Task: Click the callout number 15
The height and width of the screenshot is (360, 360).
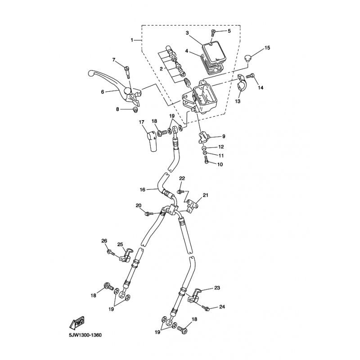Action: coord(267,48)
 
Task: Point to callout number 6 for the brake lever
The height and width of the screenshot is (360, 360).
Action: coord(103,91)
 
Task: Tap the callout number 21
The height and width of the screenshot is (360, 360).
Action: coord(206,195)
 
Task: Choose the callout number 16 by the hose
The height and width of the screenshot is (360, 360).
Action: coord(142,190)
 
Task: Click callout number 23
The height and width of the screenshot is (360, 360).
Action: coord(217,288)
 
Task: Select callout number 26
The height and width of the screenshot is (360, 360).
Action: coord(104,241)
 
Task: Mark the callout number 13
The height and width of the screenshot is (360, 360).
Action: coord(238,102)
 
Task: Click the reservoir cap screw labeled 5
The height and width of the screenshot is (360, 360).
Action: coord(214,31)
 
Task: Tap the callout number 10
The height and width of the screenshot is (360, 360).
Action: coord(220,165)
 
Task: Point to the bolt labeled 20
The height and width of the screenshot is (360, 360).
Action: coord(148,213)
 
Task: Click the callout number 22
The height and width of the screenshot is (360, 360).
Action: coord(182,179)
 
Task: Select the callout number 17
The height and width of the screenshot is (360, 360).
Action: coord(141,122)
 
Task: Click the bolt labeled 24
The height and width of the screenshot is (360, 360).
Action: coord(207,309)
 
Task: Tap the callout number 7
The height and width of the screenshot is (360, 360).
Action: coord(114,60)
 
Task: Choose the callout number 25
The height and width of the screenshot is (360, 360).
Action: coord(120,244)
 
